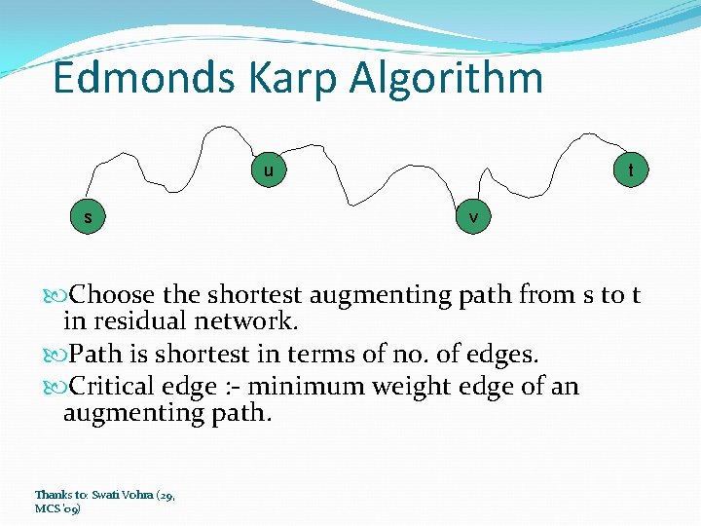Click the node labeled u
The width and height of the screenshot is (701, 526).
(268, 171)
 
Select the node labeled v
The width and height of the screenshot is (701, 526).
(473, 217)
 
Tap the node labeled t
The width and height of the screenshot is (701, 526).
(631, 170)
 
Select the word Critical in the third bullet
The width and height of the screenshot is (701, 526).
(115, 387)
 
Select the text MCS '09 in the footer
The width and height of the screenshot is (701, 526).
(57, 508)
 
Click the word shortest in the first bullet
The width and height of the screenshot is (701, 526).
(255, 294)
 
